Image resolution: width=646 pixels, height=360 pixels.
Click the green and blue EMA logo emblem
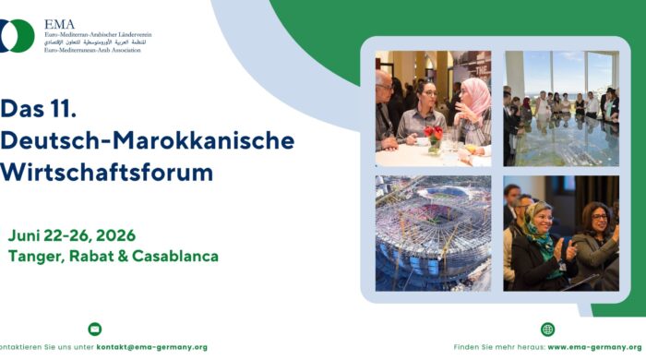pos(17,35)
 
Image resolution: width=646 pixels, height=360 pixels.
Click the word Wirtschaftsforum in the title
pos(107,173)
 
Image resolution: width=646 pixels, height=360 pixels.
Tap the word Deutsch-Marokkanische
pos(148,141)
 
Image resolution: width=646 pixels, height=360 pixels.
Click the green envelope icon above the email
pos(94,329)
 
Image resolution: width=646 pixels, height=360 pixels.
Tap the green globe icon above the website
pos(547,330)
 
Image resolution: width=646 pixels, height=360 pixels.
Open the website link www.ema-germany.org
pos(596,347)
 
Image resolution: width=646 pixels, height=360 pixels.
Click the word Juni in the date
pos(24,234)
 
